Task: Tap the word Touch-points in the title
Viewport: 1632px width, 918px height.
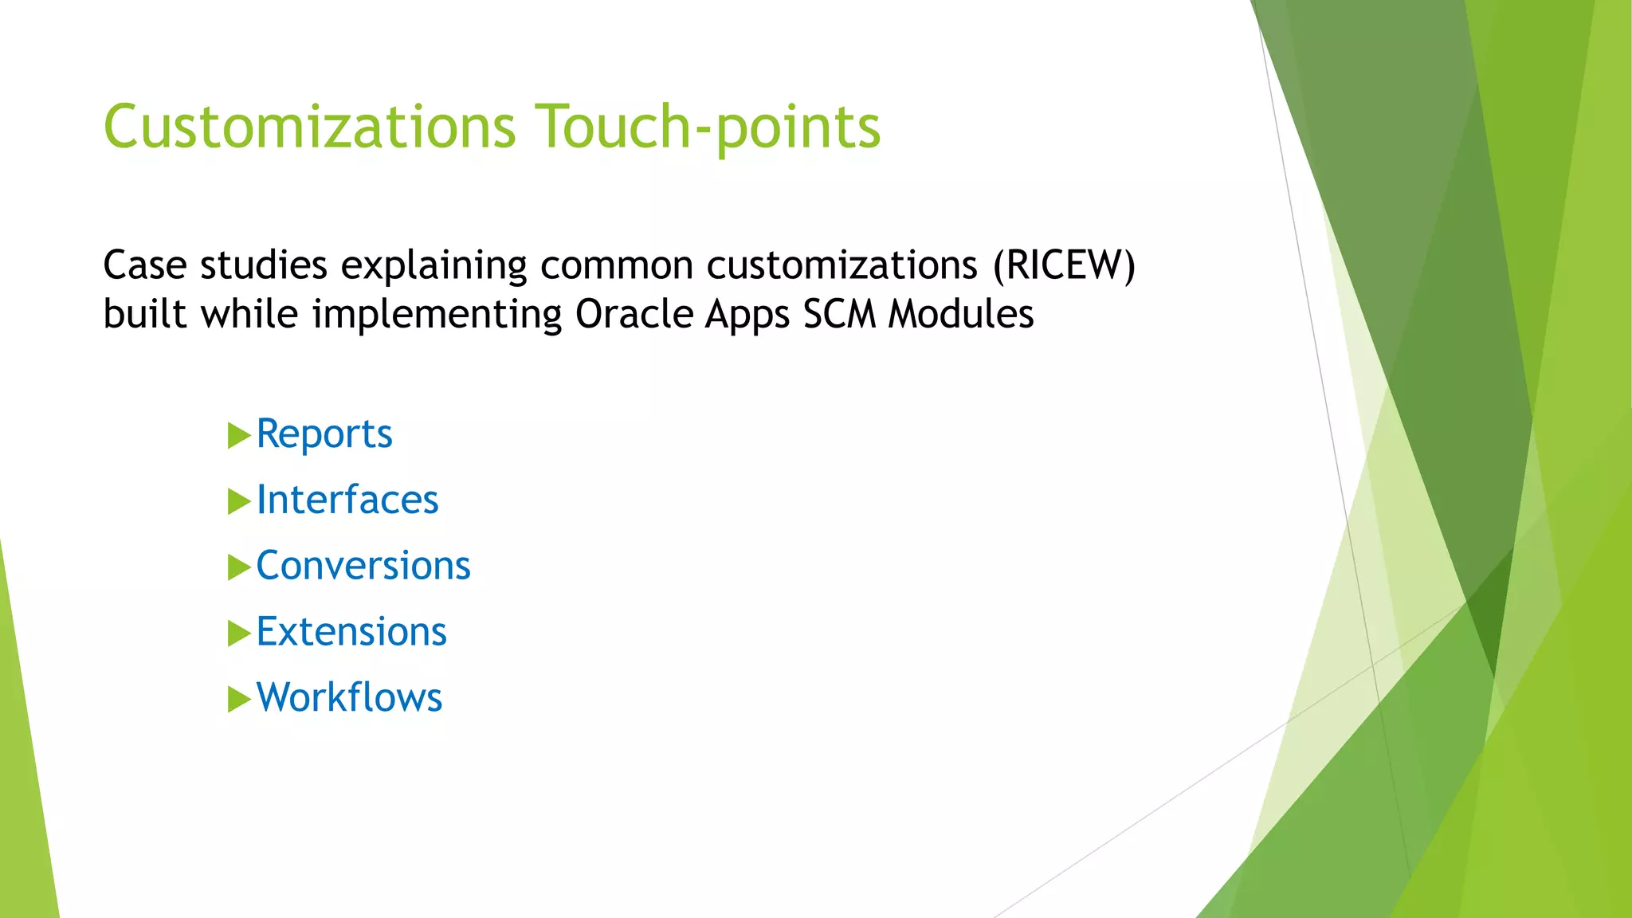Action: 707,127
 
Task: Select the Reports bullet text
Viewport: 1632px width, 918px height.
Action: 324,434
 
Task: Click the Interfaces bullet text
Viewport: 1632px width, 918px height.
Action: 347,500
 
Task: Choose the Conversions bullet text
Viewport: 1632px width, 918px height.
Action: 363,566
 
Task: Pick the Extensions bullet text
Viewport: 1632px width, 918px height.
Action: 351,632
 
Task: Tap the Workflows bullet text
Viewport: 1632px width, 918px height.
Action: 349,698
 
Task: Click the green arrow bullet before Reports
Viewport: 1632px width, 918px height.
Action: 238,436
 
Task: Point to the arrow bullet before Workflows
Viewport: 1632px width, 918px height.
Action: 238,699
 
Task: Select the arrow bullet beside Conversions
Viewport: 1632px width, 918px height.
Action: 238,567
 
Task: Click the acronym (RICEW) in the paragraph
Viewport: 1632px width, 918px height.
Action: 1064,265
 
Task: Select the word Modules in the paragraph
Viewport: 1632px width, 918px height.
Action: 961,314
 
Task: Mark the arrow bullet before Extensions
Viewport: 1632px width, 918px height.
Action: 238,634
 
